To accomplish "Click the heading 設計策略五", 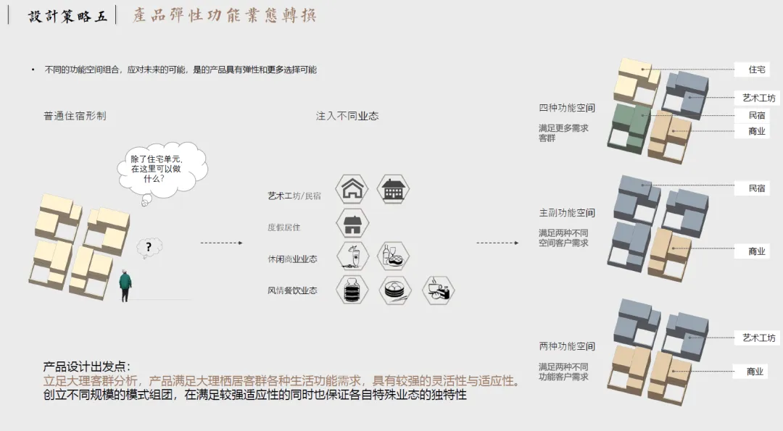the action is pyautogui.click(x=67, y=16).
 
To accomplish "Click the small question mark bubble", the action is pyautogui.click(x=149, y=248).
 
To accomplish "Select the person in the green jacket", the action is pyautogui.click(x=126, y=285).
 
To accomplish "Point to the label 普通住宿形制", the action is pyautogui.click(x=75, y=116).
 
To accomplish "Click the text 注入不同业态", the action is pyautogui.click(x=347, y=116).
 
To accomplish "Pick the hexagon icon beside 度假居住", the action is pyautogui.click(x=353, y=224).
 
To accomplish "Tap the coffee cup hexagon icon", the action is pyautogui.click(x=438, y=290).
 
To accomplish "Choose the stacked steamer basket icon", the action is pyautogui.click(x=353, y=290).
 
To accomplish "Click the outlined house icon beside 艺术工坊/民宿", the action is pyautogui.click(x=353, y=189).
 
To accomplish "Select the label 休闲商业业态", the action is pyautogui.click(x=292, y=259).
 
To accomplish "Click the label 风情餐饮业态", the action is pyautogui.click(x=292, y=290).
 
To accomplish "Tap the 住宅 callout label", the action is pyautogui.click(x=757, y=70).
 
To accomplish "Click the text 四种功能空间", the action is pyautogui.click(x=567, y=108).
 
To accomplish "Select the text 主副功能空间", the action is pyautogui.click(x=567, y=213).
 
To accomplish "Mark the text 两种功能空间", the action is pyautogui.click(x=567, y=346).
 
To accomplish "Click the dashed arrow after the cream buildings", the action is pyautogui.click(x=222, y=243).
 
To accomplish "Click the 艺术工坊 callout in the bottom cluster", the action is pyautogui.click(x=758, y=338).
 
